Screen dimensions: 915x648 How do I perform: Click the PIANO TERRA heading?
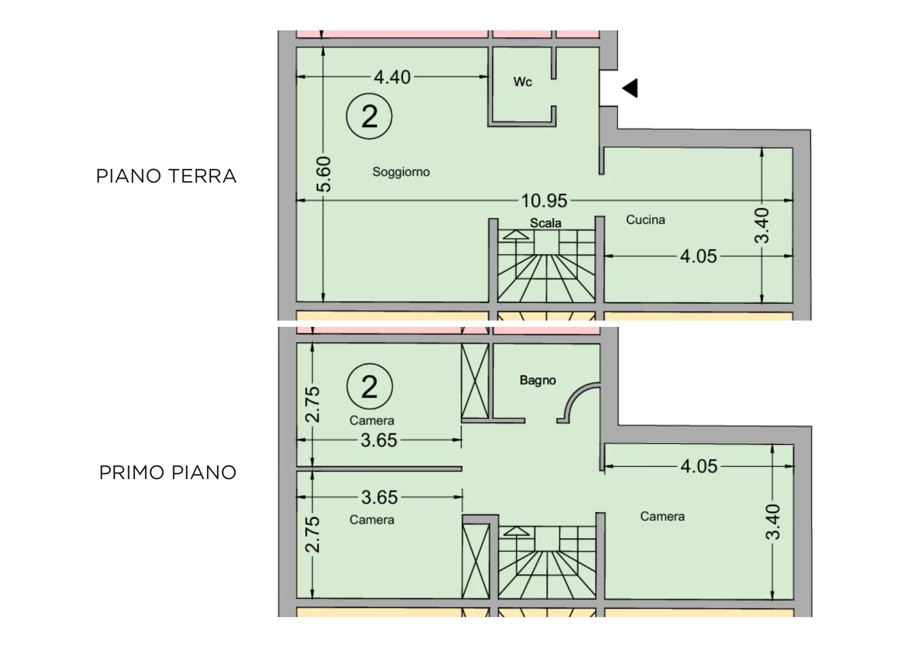(166, 176)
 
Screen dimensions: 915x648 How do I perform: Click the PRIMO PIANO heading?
(168, 473)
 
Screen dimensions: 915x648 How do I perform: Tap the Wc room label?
(523, 82)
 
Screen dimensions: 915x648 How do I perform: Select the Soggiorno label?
(401, 172)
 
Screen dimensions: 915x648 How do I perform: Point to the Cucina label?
(646, 220)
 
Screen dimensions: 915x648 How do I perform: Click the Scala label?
(546, 223)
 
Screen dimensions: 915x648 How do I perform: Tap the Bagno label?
(538, 380)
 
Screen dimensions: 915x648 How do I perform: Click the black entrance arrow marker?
(630, 88)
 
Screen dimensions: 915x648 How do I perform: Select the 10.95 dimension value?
(544, 201)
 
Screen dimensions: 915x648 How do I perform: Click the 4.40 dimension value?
(392, 77)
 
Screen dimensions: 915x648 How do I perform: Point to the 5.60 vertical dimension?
(324, 174)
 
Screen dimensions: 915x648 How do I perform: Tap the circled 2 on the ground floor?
(369, 116)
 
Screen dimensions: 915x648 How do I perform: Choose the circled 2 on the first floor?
(369, 387)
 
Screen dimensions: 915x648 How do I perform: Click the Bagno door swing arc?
(572, 394)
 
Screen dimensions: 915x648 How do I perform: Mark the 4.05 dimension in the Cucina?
(698, 256)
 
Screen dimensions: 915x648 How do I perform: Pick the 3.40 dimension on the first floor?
(773, 521)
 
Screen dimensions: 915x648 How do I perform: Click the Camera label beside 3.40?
(662, 516)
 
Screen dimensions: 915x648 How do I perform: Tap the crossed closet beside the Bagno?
(475, 381)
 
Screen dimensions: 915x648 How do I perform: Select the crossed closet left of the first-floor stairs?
(476, 561)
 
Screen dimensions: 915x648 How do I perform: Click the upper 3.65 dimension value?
(379, 440)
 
